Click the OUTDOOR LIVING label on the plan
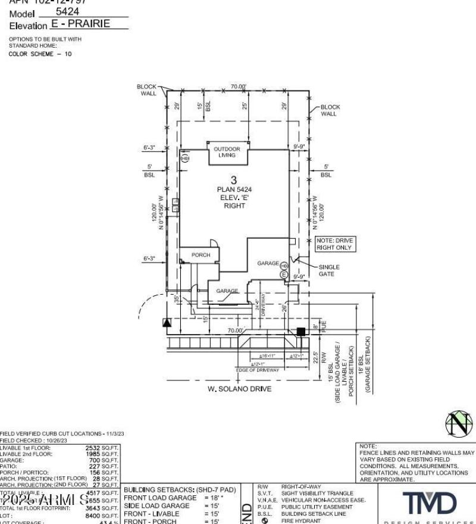227,152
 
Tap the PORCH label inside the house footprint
201,255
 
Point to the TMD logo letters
430,504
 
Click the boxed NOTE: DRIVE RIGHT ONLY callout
334,244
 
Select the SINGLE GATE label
329,270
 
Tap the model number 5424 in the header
67,11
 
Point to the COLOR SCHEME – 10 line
40,54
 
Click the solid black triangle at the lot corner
167,323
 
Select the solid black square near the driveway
301,331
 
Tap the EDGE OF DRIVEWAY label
257,370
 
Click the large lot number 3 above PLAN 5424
234,180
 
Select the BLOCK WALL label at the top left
148,90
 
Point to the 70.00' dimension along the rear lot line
238,87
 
